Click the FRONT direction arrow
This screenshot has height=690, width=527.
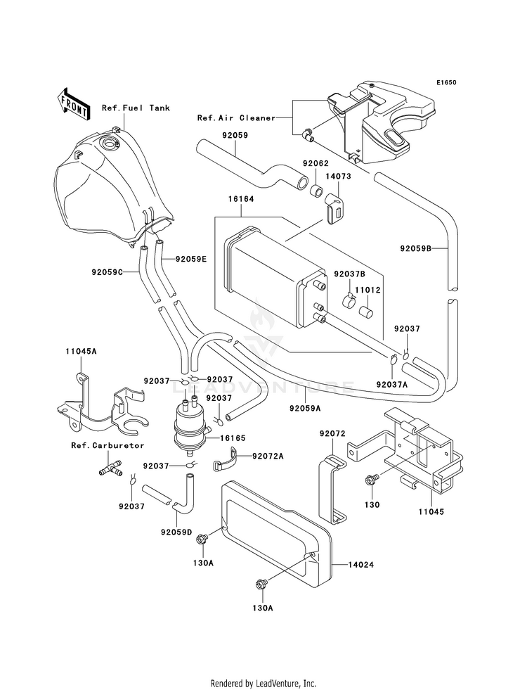73,104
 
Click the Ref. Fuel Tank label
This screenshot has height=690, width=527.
136,108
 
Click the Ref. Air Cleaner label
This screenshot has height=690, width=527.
236,118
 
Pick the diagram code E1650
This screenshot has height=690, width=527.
446,82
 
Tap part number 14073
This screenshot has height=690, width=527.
338,177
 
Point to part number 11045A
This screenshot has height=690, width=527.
81,351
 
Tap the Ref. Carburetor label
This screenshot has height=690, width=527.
108,445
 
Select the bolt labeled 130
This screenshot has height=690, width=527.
370,480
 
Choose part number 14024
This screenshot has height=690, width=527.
361,565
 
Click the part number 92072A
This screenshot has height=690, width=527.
268,456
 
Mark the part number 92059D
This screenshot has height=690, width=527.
176,532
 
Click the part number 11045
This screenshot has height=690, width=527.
431,512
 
